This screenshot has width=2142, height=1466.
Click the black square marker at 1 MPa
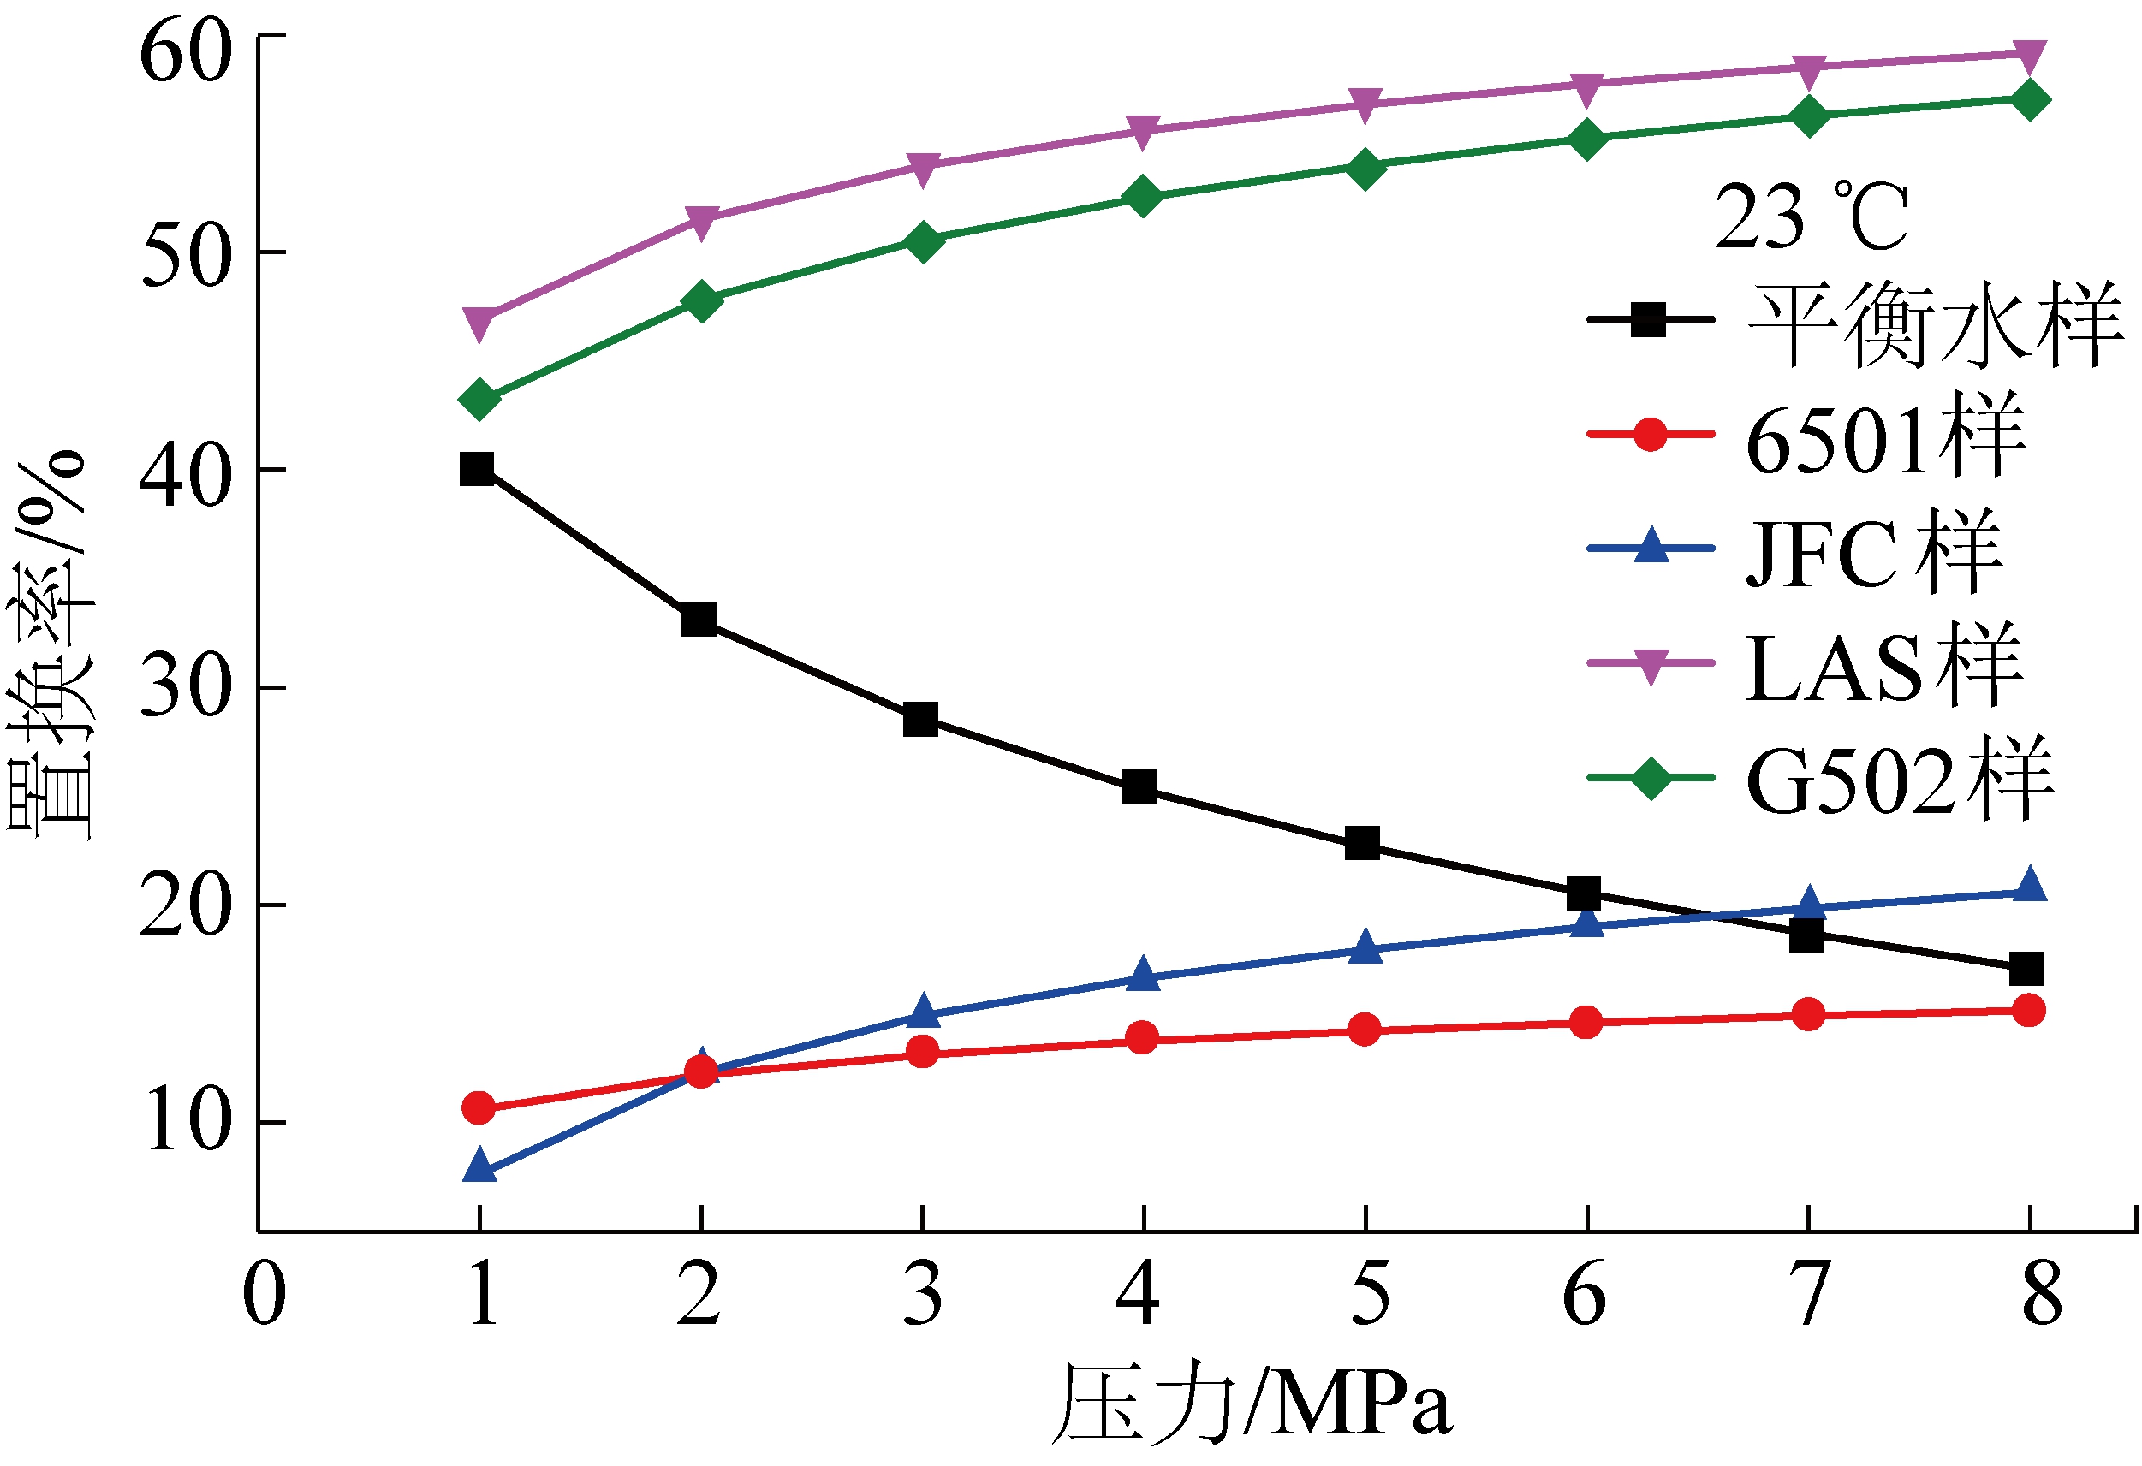(477, 469)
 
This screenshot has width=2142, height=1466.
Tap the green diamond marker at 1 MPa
(479, 400)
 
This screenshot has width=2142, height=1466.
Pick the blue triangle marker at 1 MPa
(479, 1166)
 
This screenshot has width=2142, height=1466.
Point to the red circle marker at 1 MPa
(479, 1107)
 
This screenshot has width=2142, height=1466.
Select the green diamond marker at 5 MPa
(1365, 169)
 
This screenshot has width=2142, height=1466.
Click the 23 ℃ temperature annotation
(1812, 217)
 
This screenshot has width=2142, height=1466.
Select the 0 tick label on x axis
(265, 1294)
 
